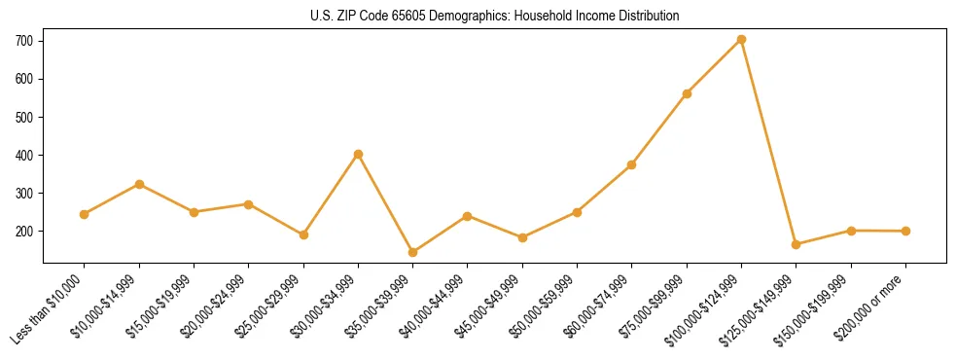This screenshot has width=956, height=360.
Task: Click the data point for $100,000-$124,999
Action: point(741,40)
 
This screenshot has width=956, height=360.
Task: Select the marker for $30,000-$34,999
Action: point(358,154)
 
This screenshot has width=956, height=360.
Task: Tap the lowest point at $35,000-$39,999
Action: point(412,253)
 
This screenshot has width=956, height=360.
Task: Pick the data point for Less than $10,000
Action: point(85,214)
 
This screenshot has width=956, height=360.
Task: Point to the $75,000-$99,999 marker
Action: point(687,93)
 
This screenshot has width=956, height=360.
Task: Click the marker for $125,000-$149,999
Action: point(797,244)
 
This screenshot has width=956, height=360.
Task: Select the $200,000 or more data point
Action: point(905,232)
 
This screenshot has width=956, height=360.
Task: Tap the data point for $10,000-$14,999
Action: point(139,184)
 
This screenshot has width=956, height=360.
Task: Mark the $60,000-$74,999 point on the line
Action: point(632,165)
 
